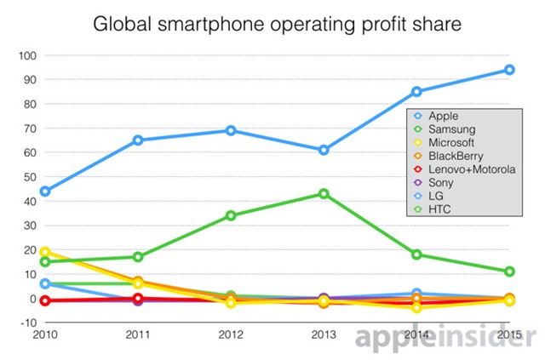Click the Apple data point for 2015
(509, 70)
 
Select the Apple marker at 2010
(45, 191)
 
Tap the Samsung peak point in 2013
(324, 194)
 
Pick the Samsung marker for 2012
(231, 215)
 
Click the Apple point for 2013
(324, 150)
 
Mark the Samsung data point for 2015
(509, 271)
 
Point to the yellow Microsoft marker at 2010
(45, 253)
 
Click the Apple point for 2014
(416, 92)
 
